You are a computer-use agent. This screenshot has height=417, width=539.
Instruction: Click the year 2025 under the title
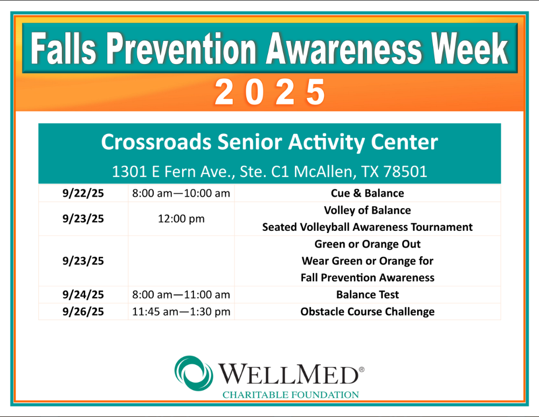coord(270,92)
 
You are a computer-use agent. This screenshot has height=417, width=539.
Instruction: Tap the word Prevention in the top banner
coord(181,48)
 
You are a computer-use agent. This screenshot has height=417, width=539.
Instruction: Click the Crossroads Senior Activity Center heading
coord(269,142)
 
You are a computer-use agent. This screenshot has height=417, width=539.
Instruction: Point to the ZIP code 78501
coord(405,171)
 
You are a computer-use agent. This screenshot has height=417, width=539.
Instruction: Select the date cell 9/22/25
coord(83,193)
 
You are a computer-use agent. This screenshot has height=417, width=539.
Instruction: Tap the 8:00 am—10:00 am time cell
coord(181,193)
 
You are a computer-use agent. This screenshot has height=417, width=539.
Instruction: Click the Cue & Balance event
coord(368,193)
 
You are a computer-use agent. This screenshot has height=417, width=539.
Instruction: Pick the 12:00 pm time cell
coord(181,218)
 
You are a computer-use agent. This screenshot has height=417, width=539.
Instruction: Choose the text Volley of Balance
coord(368,210)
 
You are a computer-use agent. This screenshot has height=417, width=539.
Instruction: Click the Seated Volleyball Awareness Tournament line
coord(368,227)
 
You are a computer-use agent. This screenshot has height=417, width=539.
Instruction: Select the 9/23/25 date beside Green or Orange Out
coord(83,261)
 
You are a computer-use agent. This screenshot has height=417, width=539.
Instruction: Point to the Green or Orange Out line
coord(368,244)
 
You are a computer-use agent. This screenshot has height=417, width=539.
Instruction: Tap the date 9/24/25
coord(83,294)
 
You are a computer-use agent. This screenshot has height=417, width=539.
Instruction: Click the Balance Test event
coord(368,294)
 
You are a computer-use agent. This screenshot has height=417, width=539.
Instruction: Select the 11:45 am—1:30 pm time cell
coord(181,312)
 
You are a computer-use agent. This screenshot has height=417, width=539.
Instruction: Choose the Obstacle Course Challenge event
coord(368,312)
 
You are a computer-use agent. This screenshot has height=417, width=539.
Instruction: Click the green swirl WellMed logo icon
coord(194,373)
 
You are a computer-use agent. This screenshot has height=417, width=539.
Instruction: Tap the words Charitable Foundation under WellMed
coord(291,395)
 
